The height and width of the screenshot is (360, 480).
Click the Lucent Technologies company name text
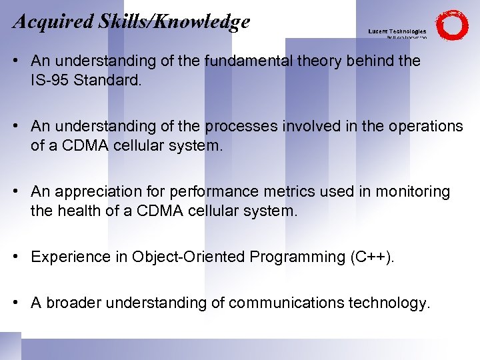pos(397,31)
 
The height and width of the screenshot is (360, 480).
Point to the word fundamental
pos(249,61)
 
